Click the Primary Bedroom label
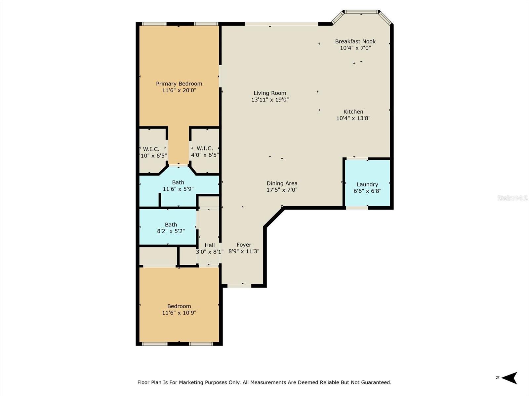pos(179,84)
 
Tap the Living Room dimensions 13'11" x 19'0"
pos(270,100)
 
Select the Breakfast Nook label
pos(355,41)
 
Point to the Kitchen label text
pos(353,112)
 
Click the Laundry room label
pos(367,184)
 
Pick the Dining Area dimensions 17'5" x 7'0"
pos(282,190)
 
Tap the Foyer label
pos(244,245)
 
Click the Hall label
pos(210,245)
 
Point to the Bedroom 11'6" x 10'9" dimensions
pos(179,313)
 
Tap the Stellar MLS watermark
pos(512,198)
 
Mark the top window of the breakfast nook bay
pos(361,12)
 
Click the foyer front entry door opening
pos(239,286)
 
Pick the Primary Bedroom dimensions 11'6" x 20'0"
pos(179,90)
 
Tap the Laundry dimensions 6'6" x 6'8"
pos(367,191)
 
